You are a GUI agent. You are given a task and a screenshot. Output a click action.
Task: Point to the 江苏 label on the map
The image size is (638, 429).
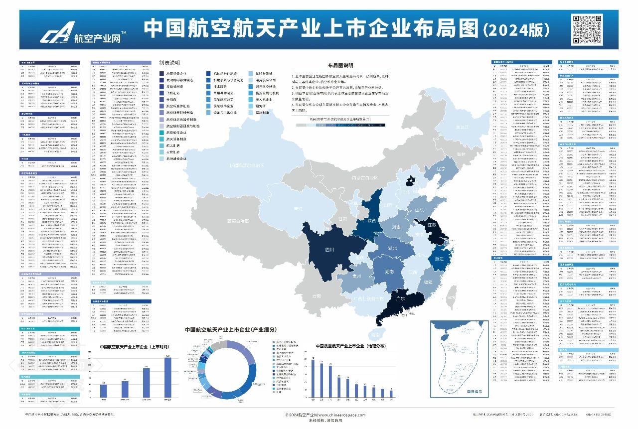(432, 225)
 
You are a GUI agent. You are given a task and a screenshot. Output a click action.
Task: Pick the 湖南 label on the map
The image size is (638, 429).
(390, 272)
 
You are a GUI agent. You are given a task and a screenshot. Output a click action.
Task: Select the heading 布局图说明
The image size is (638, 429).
(340, 65)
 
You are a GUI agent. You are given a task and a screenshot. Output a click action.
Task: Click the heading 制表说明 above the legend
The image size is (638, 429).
(169, 63)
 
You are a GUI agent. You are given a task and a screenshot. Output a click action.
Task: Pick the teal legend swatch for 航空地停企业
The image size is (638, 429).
(161, 133)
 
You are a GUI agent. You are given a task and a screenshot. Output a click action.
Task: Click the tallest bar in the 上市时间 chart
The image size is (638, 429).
(168, 378)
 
